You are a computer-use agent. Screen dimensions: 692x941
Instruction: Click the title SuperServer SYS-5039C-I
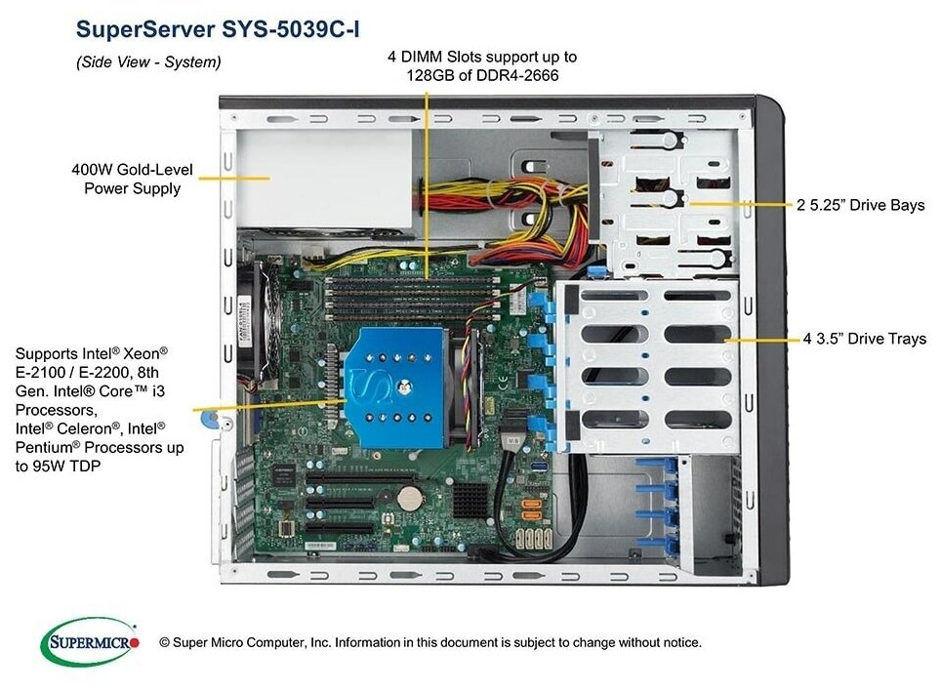click(x=217, y=29)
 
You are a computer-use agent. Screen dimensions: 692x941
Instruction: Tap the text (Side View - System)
click(x=148, y=61)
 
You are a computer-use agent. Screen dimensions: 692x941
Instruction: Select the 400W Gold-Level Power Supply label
click(x=132, y=179)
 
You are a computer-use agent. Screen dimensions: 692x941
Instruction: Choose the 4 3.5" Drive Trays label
click(x=864, y=339)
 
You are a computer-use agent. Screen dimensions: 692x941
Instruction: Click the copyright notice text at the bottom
click(x=430, y=642)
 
